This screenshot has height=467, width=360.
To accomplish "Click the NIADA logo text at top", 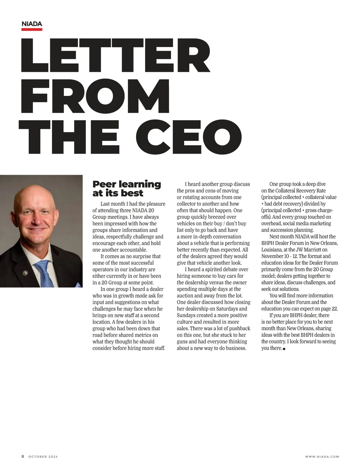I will (32, 24).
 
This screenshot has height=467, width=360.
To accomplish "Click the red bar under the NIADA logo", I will (32, 29).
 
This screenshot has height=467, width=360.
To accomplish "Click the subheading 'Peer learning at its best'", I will (127, 189).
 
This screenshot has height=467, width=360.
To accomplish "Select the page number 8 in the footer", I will (23, 457).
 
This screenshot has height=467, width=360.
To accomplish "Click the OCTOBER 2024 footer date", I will (43, 457).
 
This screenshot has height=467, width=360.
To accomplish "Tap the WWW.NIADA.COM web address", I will (322, 457).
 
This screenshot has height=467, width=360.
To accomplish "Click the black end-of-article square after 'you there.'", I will (284, 349).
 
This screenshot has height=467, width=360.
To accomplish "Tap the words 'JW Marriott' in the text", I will (309, 250).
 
